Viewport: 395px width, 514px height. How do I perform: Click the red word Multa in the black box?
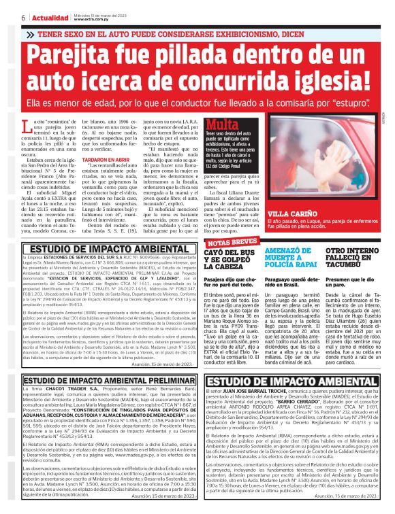222,125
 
